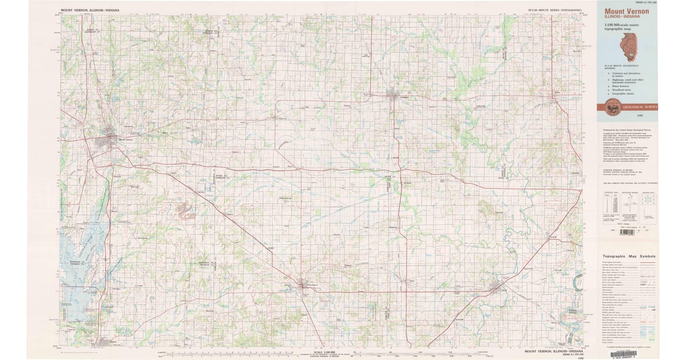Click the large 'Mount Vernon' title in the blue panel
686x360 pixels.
623,11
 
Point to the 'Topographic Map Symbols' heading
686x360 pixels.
627,257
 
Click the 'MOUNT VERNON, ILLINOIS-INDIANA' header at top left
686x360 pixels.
87,10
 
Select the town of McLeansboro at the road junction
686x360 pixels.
302,285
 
